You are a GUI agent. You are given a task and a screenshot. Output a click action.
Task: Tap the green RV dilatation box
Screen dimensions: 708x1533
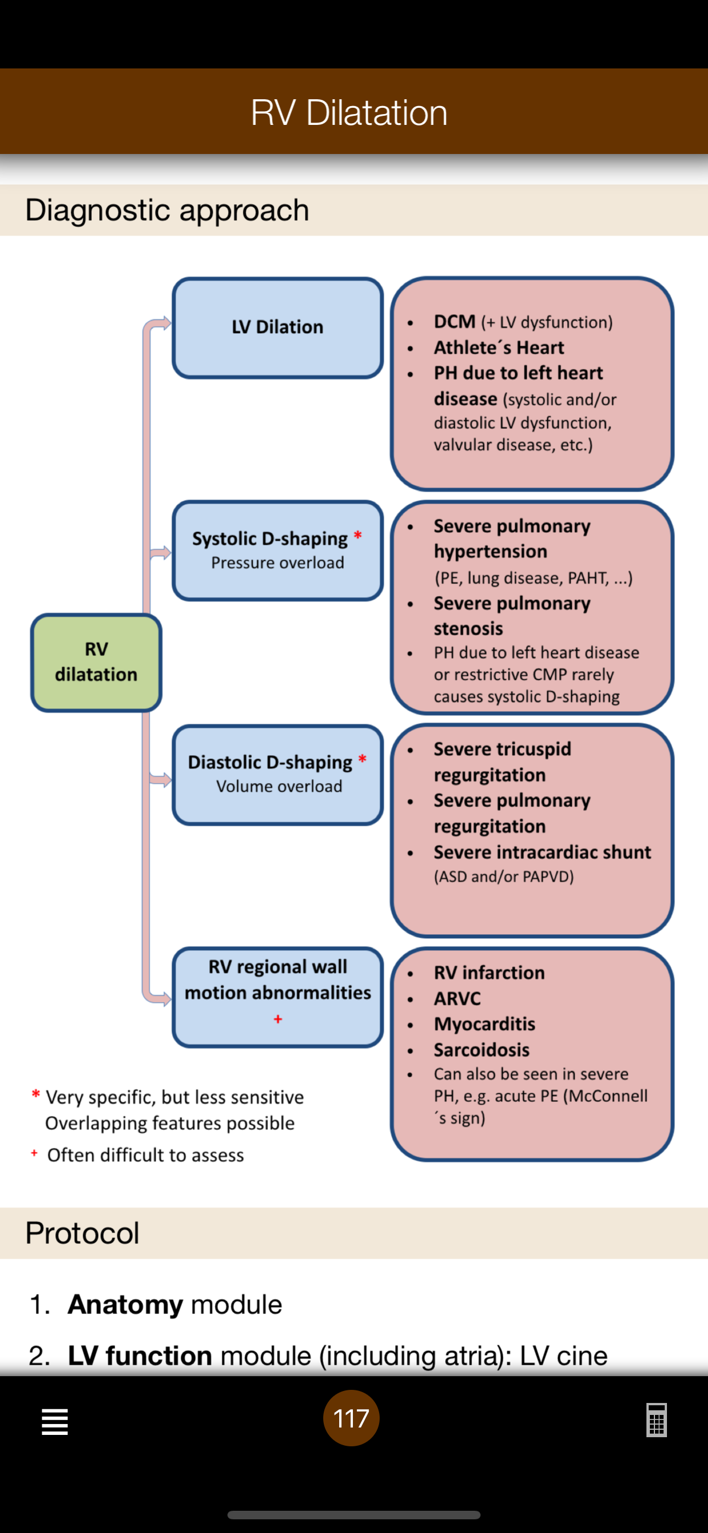tap(96, 662)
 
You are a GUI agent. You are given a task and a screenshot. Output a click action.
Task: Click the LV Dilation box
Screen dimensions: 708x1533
tap(278, 327)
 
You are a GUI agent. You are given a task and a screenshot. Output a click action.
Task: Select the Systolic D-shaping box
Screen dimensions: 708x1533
tap(278, 550)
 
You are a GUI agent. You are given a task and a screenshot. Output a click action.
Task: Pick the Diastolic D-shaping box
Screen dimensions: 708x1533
tap(278, 774)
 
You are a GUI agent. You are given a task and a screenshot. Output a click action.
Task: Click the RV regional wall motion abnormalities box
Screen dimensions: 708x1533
tap(278, 997)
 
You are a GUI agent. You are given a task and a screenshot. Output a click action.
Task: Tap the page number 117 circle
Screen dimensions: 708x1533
tap(351, 1418)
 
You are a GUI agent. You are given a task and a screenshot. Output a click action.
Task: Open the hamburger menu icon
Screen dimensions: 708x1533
tap(55, 1422)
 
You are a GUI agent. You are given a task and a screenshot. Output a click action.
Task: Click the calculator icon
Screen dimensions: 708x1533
tap(656, 1420)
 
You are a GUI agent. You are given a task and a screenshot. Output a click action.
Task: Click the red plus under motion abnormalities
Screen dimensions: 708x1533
tap(278, 1019)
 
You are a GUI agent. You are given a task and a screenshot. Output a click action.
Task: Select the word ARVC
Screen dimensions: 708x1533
tap(457, 998)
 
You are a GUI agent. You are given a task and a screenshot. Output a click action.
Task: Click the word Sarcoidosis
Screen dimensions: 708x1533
tap(481, 1049)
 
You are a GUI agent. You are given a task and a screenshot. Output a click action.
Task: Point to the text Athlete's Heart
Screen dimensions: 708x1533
tap(499, 347)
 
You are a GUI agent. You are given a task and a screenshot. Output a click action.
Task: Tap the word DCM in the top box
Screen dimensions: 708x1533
tap(454, 321)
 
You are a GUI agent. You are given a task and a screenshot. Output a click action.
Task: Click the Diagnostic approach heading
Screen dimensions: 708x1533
tap(167, 210)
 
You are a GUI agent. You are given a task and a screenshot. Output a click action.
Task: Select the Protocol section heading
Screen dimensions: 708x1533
tap(82, 1232)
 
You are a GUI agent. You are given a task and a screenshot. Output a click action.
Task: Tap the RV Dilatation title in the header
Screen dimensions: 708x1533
tap(349, 112)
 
